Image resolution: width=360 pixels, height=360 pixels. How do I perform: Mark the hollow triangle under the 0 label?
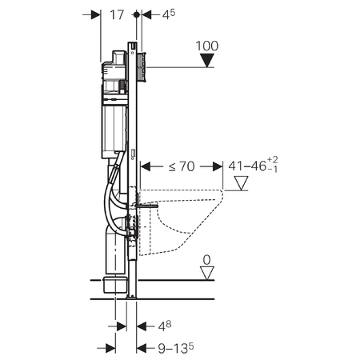click(x=207, y=274)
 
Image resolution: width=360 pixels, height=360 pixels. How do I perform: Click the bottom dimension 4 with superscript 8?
click(x=163, y=326)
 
